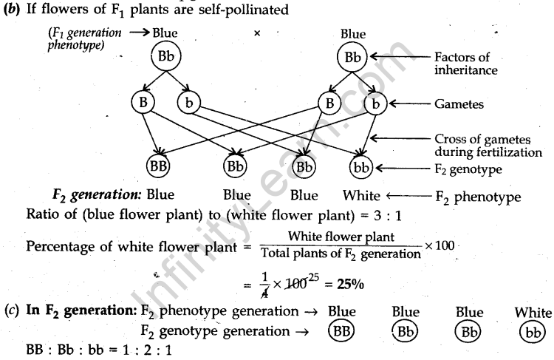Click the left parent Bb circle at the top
(x=166, y=57)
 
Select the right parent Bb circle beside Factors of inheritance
(x=353, y=57)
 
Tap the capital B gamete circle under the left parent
(x=143, y=103)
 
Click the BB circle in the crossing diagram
(x=160, y=166)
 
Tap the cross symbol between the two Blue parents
(x=256, y=33)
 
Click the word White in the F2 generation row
(x=361, y=197)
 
